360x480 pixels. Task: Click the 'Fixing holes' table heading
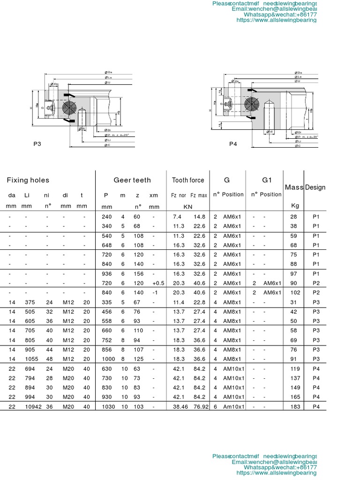28,180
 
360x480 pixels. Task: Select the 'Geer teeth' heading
132,180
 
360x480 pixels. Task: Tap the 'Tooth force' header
188,180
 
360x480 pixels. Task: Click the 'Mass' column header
294,187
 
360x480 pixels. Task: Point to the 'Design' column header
315,187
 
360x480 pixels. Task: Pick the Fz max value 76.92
200,407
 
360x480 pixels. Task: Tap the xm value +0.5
158,283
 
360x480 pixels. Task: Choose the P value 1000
108,359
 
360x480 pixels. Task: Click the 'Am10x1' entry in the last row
234,407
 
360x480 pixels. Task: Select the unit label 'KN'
187,206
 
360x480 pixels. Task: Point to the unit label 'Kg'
295,206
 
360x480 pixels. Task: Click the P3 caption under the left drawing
37,144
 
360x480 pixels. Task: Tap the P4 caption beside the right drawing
233,144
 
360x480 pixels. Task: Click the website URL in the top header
277,20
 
